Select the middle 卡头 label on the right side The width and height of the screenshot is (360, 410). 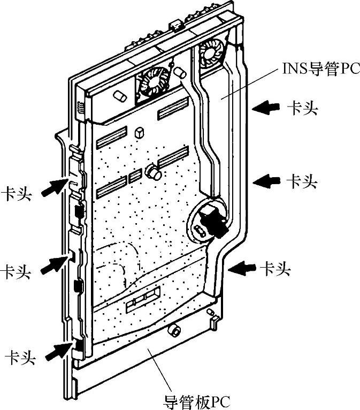(x=302, y=182)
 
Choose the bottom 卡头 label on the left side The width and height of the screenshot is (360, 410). (x=20, y=357)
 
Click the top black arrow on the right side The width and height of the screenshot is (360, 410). (x=266, y=109)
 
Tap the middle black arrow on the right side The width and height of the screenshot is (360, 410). (x=266, y=182)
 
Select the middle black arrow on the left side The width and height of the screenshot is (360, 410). (x=55, y=263)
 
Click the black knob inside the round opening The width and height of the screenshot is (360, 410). (x=213, y=221)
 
